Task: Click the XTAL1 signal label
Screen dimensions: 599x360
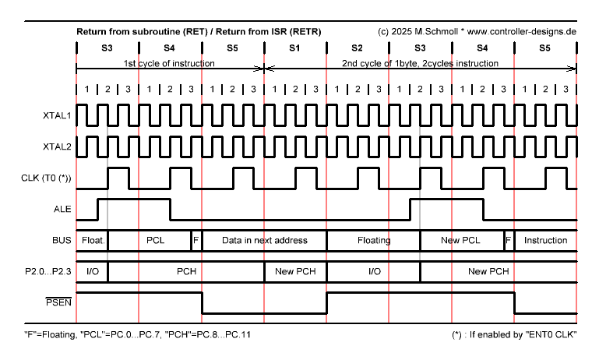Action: [57, 115]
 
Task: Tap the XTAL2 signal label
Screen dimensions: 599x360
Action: [57, 146]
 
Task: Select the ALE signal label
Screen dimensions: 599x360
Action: [62, 209]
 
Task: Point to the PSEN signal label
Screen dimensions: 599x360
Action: [59, 302]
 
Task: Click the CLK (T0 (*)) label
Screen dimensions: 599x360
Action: [46, 178]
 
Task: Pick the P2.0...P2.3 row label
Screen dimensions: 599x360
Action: [48, 271]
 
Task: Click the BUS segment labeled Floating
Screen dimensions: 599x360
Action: [374, 240]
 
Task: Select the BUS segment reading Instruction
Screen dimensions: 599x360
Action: [545, 240]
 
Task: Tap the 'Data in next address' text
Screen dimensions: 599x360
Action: [265, 240]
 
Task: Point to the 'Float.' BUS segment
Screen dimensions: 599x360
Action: [93, 240]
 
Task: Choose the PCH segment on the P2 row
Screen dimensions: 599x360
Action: [186, 271]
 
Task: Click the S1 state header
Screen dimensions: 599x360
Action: [294, 48]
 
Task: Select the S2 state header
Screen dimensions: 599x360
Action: [357, 48]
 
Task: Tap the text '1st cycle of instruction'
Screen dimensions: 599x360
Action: [169, 63]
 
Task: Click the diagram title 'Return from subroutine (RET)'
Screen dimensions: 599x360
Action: [142, 32]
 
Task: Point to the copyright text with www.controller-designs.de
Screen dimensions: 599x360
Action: [477, 32]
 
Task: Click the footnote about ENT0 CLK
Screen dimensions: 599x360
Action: [514, 335]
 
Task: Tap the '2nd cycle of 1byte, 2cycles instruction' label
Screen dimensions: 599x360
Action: [420, 63]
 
